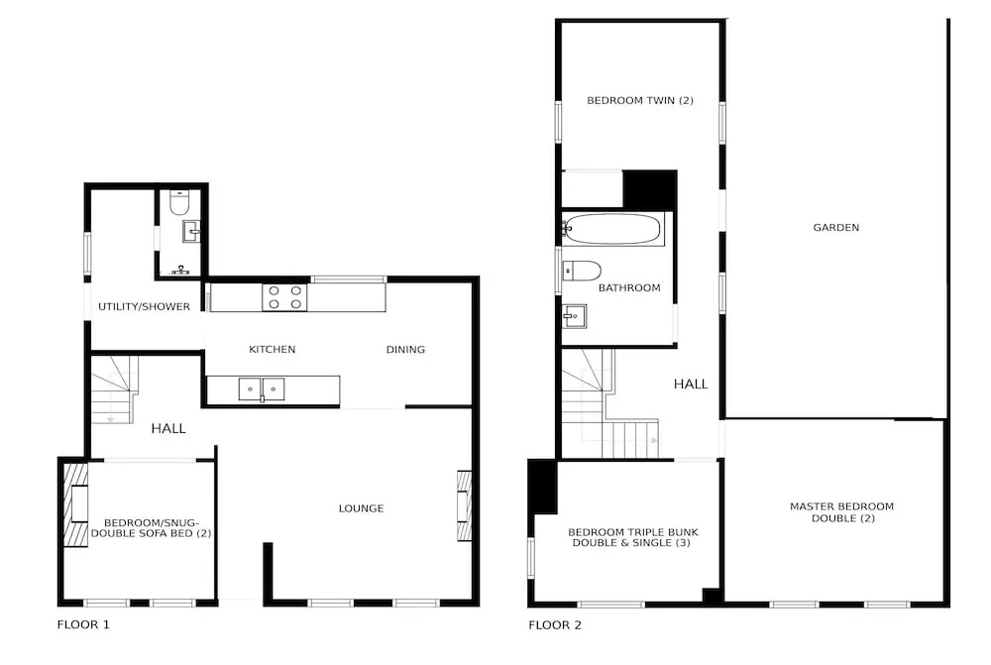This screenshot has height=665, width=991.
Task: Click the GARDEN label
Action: coord(835,228)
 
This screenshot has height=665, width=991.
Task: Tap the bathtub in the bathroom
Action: coord(612,229)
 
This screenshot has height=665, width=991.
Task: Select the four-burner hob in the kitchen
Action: coord(285,297)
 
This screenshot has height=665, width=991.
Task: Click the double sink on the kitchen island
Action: coord(261,389)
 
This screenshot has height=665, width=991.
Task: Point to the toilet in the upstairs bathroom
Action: coord(582,271)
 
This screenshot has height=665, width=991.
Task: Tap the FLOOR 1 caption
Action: coord(83,625)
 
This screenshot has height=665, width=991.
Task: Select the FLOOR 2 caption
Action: coord(555,625)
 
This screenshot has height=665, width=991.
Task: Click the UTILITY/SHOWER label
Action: coord(144,306)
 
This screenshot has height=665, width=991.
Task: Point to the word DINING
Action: coord(405,350)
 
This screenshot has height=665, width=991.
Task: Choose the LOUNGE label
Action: coord(361,508)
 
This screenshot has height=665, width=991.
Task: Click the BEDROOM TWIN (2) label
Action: coord(640,100)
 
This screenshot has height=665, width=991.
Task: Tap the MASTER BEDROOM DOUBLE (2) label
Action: coord(841,512)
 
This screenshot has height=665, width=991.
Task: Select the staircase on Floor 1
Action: coord(114,388)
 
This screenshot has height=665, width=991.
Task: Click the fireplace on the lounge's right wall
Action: coord(464,505)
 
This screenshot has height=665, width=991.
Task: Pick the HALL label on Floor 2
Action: coord(691,384)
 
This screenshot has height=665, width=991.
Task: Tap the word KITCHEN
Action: coord(272,350)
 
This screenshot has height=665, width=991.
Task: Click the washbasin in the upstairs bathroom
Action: coord(575,316)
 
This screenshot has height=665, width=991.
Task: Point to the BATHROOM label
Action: coord(629,287)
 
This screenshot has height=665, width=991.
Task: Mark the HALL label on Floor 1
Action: coord(168,428)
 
